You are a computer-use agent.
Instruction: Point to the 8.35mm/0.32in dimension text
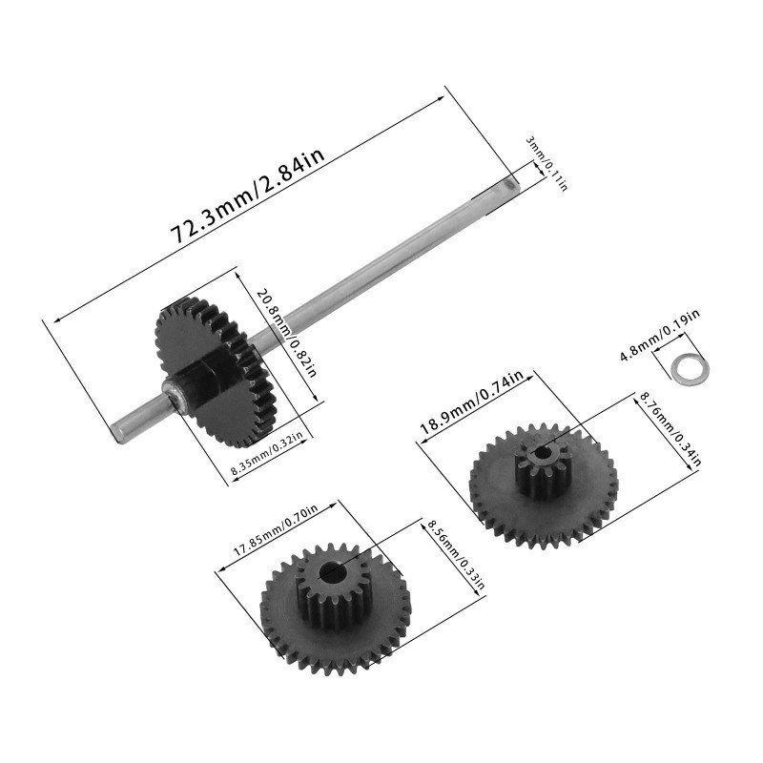267,455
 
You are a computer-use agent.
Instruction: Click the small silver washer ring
684,368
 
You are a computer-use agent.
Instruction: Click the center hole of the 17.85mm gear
330,572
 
